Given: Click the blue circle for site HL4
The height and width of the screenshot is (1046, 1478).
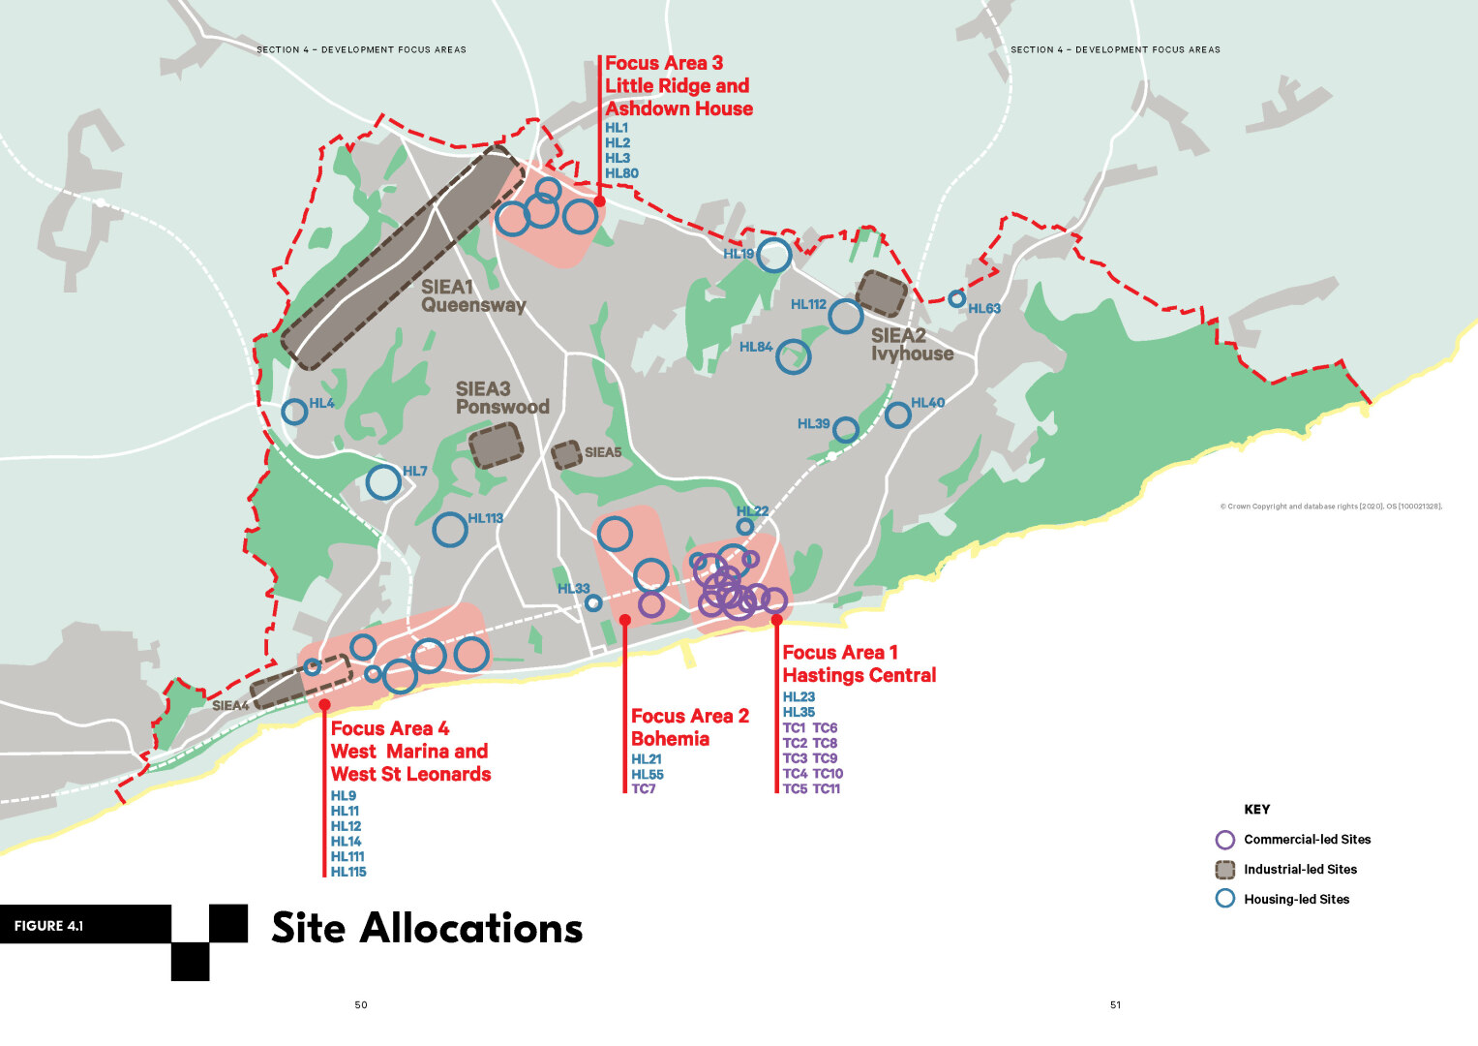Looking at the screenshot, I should pos(294,412).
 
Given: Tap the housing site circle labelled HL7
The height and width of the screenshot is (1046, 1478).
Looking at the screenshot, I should pos(383,481).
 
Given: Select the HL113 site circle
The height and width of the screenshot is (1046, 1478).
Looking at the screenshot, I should pos(450,530).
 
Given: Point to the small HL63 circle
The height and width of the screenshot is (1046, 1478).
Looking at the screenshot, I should pos(956,298).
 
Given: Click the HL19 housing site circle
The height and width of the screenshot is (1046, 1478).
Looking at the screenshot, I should pos(774,255).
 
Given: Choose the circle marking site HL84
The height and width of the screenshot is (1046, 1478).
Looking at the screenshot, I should pos(793,356).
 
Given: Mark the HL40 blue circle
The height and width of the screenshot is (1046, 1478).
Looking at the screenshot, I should pos(898,415).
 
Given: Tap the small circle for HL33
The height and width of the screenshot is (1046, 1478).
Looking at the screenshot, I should pos(593,603).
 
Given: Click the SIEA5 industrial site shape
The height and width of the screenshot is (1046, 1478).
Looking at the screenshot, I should pos(566,455).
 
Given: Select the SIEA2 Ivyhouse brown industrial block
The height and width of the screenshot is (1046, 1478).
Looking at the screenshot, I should pos(882,293).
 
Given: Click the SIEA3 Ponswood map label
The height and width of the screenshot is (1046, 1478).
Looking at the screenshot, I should pos(501,398).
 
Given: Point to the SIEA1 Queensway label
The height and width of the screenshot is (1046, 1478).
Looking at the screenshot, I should pos(472,296).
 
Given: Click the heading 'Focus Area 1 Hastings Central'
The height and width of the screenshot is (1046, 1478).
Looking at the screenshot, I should pos(859,663).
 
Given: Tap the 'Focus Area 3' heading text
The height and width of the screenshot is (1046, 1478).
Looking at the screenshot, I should pos(664,64).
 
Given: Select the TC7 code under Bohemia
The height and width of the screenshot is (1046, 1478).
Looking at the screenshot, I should pos(643,788).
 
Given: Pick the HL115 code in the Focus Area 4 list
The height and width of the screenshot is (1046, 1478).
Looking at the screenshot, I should pos(348,872).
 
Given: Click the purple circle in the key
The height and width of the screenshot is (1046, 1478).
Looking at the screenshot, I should pos(1224,840).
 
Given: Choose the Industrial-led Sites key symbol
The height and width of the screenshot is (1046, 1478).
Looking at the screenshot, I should pos(1224,869).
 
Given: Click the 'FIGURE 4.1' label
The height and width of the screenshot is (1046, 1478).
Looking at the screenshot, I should pos(48,926).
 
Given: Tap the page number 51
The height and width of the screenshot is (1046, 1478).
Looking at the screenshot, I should pos(1115,1005).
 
